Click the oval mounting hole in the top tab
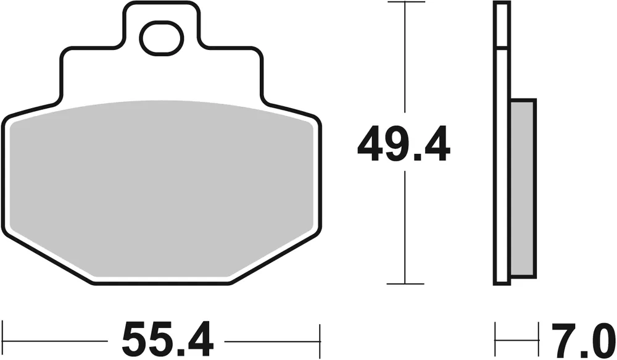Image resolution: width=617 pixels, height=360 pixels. (x=161, y=38)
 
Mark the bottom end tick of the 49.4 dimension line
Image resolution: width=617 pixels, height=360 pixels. (x=405, y=284)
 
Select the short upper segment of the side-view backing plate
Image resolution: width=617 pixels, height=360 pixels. (x=502, y=25)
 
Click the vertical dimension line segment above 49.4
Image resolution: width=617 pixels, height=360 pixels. (x=405, y=62)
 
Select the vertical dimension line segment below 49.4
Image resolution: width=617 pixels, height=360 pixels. (x=405, y=228)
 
